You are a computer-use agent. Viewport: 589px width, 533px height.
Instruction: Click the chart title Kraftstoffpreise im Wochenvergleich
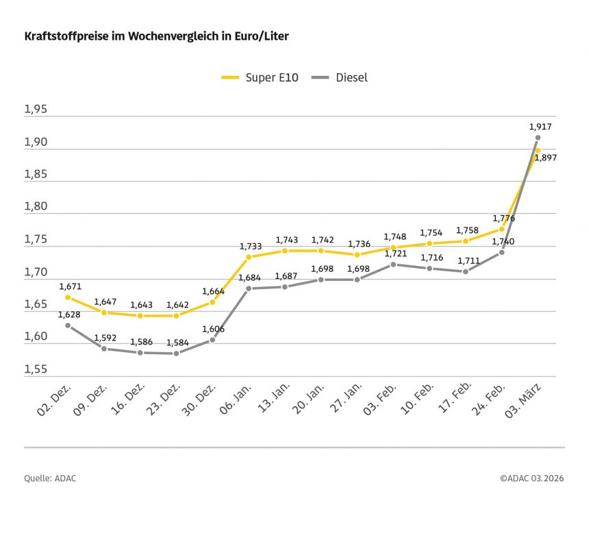pyautogui.click(x=156, y=36)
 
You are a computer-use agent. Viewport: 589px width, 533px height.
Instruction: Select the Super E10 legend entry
pyautogui.click(x=260, y=77)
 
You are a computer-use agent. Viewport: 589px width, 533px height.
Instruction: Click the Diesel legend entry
pyautogui.click(x=340, y=77)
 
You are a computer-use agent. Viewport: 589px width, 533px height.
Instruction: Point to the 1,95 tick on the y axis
pyautogui.click(x=36, y=110)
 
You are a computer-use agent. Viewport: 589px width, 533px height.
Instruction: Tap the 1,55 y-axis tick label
pyautogui.click(x=36, y=369)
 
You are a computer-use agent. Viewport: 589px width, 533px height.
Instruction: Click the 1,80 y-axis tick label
pyautogui.click(x=36, y=207)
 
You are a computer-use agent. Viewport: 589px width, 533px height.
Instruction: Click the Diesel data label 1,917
pyautogui.click(x=540, y=127)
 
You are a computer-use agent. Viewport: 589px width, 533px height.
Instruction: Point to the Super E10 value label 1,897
pyautogui.click(x=545, y=158)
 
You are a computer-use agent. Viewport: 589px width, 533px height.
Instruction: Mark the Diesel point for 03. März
pyautogui.click(x=538, y=138)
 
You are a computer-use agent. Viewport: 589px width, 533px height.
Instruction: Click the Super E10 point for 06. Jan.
pyautogui.click(x=249, y=257)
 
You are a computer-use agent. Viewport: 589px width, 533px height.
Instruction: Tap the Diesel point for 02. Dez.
pyautogui.click(x=68, y=325)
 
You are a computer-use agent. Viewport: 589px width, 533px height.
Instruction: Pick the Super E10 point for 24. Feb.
pyautogui.click(x=501, y=230)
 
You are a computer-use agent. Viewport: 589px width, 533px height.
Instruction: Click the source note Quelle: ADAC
pyautogui.click(x=50, y=478)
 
